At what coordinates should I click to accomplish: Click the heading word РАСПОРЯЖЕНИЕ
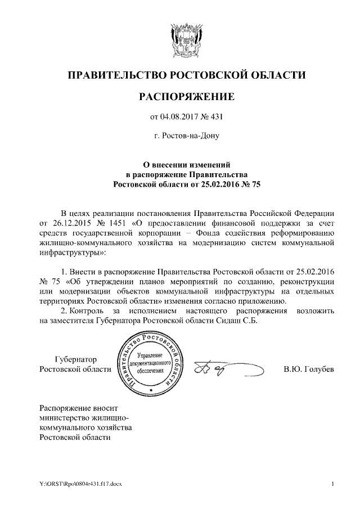pos(186,97)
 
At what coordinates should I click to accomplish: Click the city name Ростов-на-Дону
pos(186,136)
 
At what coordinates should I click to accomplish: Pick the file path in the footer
pos(76,484)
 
